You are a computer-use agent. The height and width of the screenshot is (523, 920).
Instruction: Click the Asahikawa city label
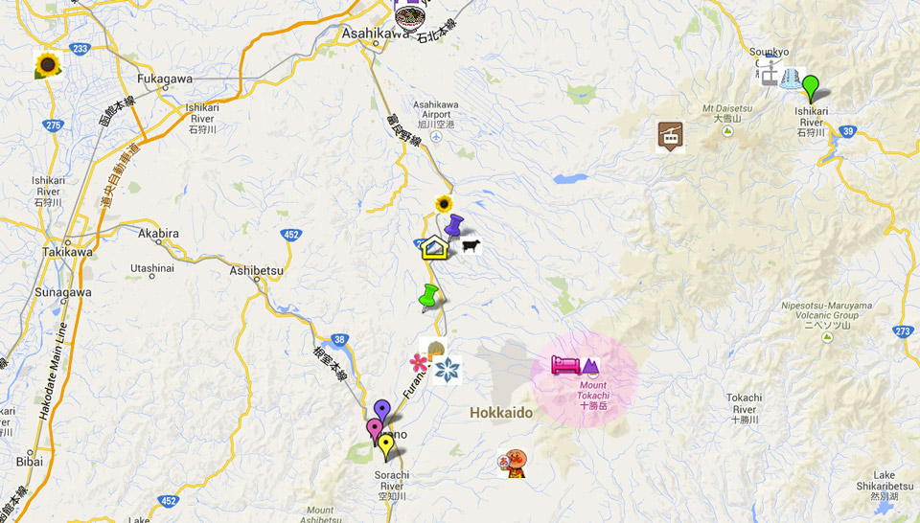click(x=376, y=34)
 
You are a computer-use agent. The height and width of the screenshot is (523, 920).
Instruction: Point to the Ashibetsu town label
click(x=257, y=271)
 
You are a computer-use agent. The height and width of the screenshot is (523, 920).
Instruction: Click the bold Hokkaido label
click(x=501, y=413)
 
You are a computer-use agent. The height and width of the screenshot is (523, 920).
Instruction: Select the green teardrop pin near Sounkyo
click(x=811, y=87)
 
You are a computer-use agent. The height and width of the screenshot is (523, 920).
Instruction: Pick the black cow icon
click(x=471, y=247)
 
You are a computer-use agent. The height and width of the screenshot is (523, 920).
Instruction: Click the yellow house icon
click(x=434, y=247)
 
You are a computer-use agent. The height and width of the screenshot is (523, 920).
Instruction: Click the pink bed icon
click(x=564, y=365)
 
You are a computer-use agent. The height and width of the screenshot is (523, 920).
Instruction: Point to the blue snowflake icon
click(x=447, y=370)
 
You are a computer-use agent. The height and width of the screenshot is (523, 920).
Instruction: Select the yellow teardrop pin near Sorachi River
click(x=386, y=445)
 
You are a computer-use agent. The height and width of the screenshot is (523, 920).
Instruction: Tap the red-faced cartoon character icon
click(x=515, y=464)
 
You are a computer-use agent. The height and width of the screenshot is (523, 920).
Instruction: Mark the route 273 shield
click(x=902, y=331)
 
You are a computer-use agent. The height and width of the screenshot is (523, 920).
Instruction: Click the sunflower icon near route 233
click(x=47, y=65)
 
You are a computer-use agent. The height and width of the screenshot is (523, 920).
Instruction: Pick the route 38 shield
click(x=339, y=339)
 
